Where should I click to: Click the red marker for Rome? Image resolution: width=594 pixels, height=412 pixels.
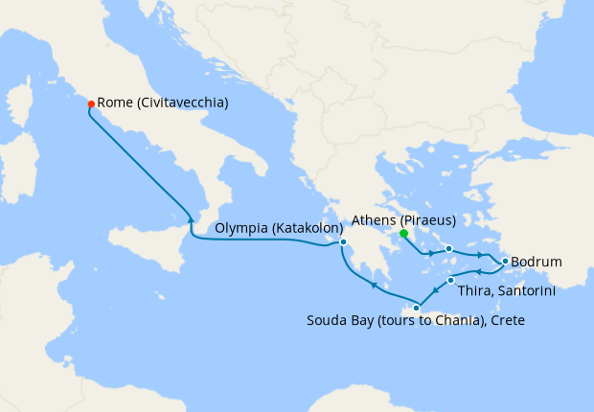point(91,103)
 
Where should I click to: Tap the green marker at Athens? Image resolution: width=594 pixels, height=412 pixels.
point(404,233)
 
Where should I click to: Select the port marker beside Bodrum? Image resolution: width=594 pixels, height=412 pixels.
point(505,261)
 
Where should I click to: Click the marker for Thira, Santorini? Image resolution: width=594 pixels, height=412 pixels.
point(450,281)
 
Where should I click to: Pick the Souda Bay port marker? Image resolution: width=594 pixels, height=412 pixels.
point(416,308)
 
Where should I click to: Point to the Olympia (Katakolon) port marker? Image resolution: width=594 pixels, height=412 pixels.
point(342,242)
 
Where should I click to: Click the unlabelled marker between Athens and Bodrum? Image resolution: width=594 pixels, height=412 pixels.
point(448,249)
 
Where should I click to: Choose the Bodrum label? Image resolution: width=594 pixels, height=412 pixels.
point(537,262)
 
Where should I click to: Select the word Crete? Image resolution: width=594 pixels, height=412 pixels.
point(509,320)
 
